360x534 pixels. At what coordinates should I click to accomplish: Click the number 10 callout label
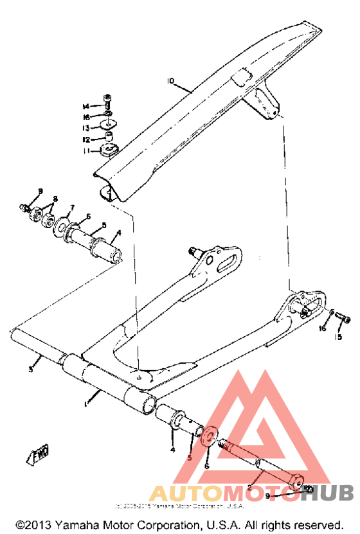[x=170, y=82]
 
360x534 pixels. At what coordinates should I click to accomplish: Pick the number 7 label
[x=73, y=208]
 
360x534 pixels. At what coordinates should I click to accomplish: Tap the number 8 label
[x=55, y=199]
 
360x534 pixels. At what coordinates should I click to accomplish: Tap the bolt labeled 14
[x=107, y=100]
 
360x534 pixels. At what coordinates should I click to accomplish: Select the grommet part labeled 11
[x=107, y=150]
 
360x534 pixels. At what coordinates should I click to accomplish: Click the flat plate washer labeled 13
[x=109, y=124]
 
